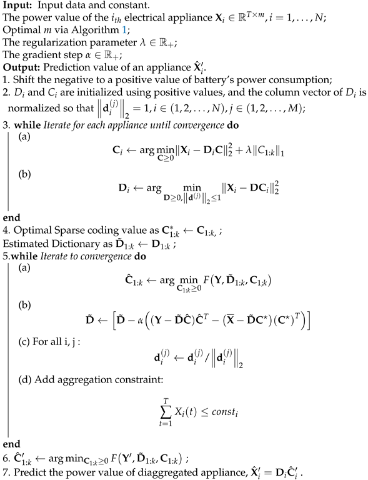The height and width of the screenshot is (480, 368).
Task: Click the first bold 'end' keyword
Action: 11,219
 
